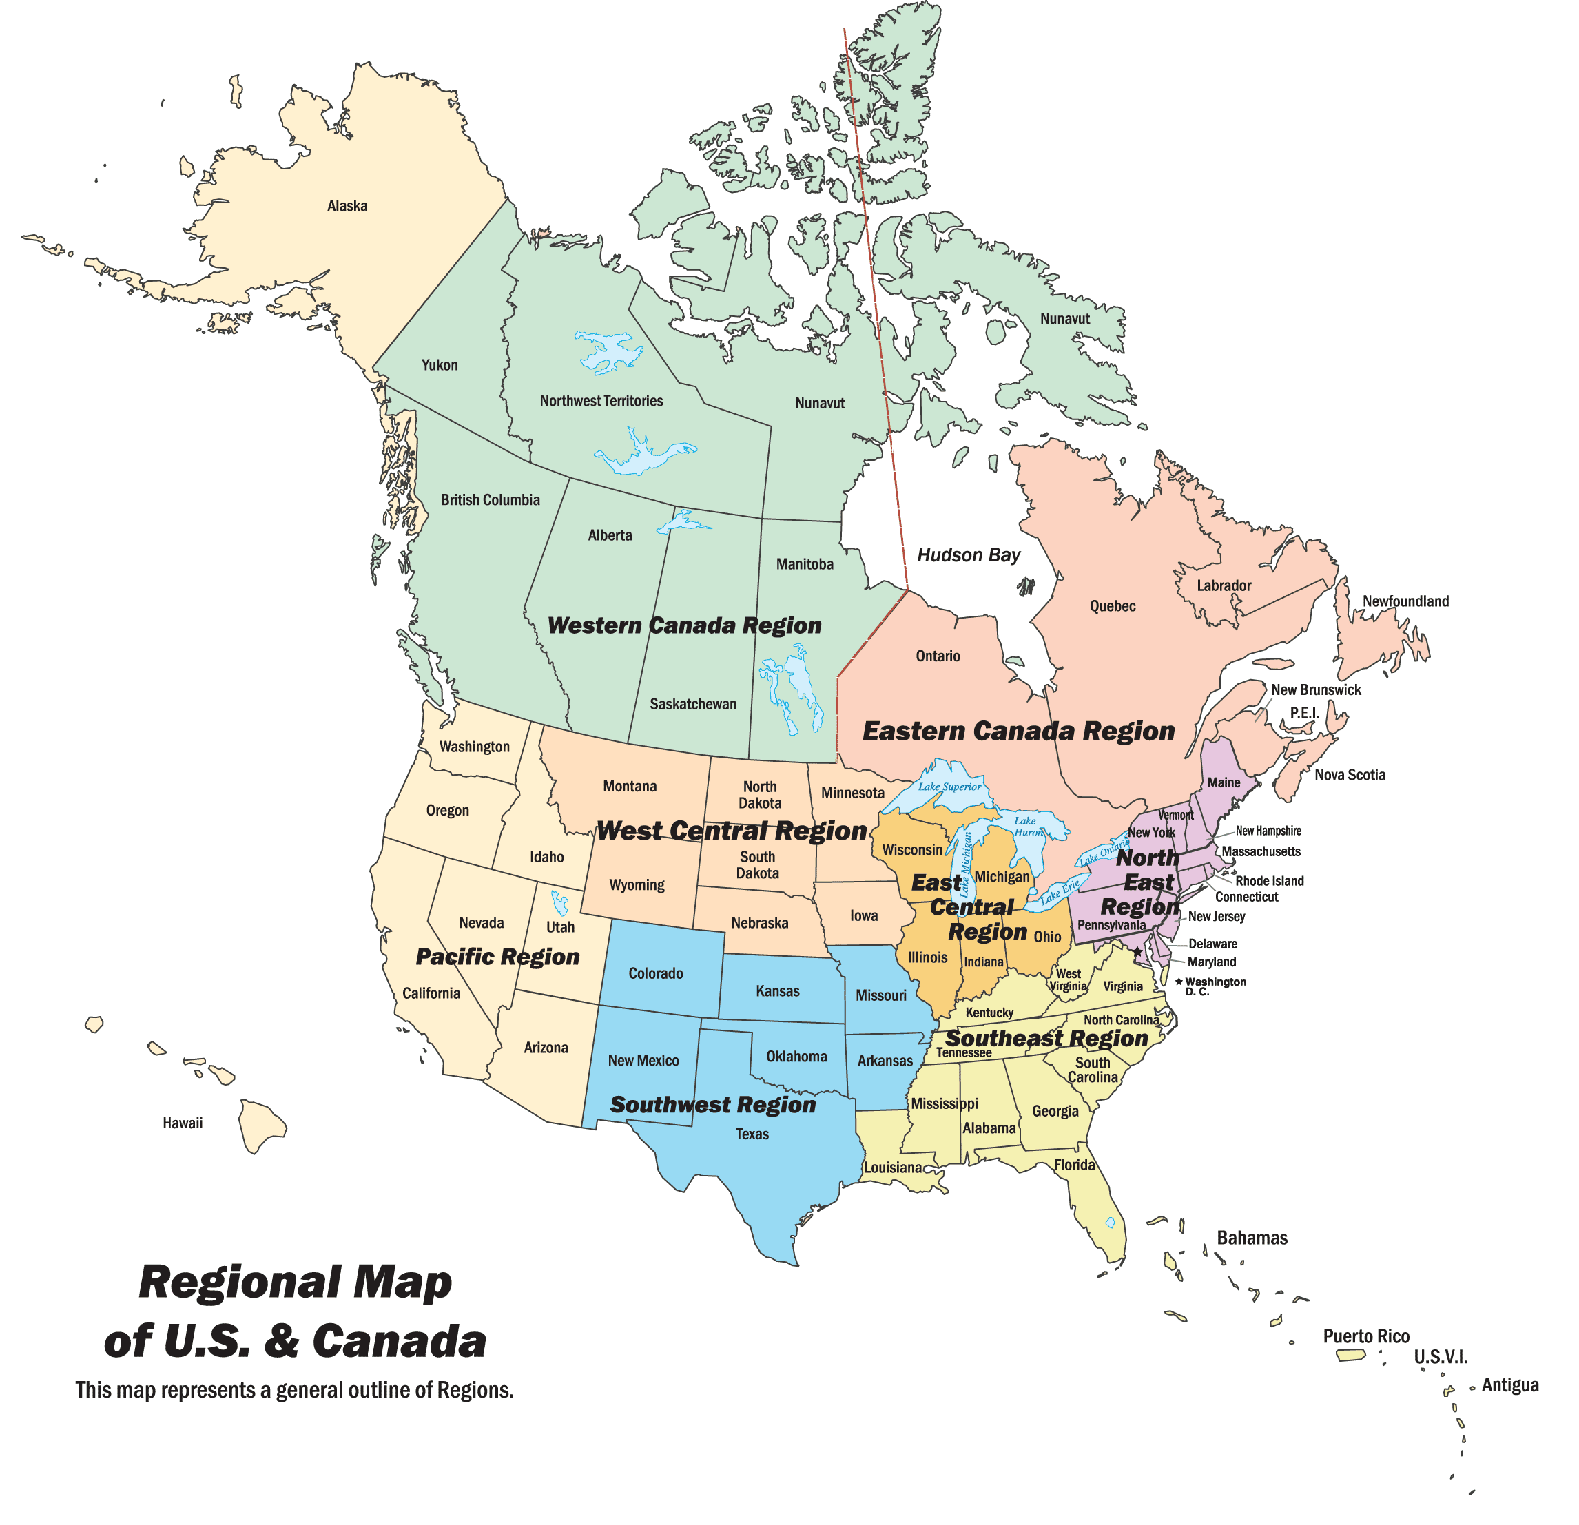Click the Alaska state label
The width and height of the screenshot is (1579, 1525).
[x=347, y=206]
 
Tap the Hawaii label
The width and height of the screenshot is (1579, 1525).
[x=183, y=1123]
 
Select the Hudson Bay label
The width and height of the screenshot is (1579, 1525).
[x=969, y=555]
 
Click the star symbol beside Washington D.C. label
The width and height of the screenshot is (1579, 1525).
[x=1179, y=982]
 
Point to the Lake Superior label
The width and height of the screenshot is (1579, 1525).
[x=950, y=787]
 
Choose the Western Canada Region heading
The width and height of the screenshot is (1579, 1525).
[x=684, y=626]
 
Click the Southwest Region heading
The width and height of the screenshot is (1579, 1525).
[x=713, y=1104]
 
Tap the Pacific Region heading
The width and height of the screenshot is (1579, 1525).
[x=497, y=956]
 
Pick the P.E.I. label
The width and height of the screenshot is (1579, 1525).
[x=1304, y=712]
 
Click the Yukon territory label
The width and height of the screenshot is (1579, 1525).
[x=439, y=365]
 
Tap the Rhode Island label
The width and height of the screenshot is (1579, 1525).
[x=1269, y=880]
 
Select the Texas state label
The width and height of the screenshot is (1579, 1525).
[x=752, y=1134]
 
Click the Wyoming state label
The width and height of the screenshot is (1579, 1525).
[x=637, y=884]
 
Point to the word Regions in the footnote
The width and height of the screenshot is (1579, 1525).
[x=475, y=1390]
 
